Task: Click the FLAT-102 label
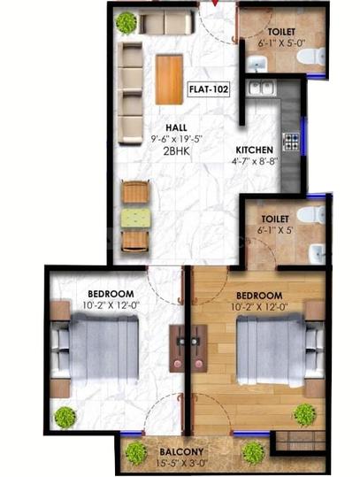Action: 211,88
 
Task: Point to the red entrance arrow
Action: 212,8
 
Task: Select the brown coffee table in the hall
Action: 170,79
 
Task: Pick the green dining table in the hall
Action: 135,216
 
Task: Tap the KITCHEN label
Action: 254,150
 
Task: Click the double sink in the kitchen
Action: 261,88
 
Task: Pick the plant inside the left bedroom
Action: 65,417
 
